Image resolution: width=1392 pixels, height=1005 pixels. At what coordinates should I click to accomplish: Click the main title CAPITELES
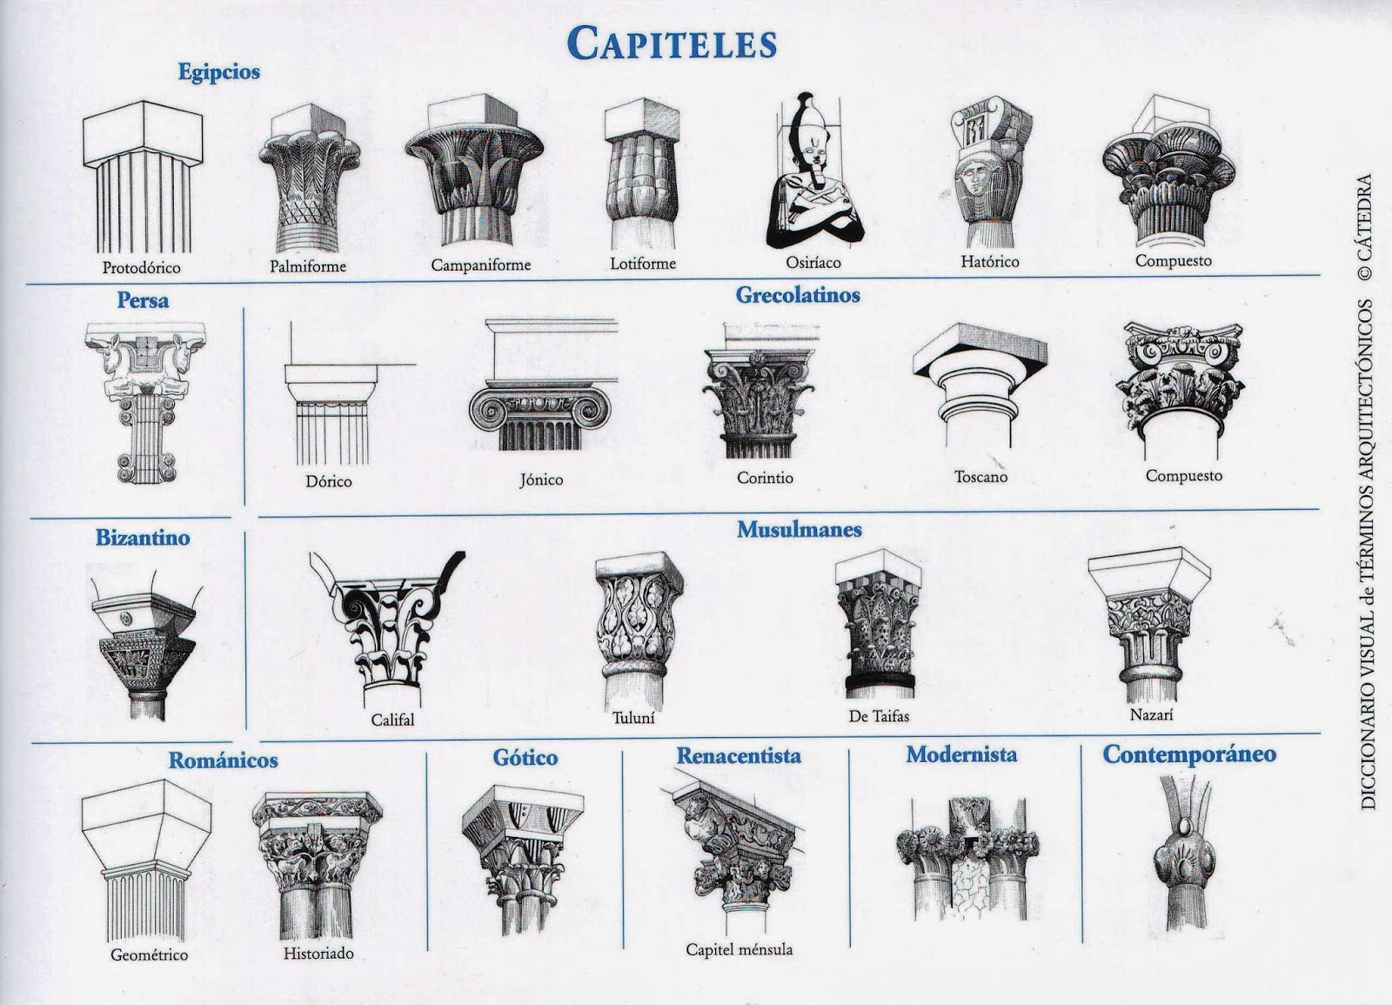pyautogui.click(x=671, y=42)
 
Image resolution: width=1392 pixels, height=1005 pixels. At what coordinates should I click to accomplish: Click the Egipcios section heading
pyautogui.click(x=219, y=72)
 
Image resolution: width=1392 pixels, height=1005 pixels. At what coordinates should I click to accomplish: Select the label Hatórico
pyautogui.click(x=989, y=261)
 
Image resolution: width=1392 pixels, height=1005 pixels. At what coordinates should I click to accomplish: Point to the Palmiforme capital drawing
pyautogui.click(x=309, y=178)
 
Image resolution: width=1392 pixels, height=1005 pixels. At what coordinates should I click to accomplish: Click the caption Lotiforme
pyautogui.click(x=643, y=263)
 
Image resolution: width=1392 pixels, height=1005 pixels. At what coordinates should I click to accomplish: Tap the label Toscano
pyautogui.click(x=980, y=477)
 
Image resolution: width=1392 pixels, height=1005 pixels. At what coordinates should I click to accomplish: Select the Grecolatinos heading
pyautogui.click(x=798, y=295)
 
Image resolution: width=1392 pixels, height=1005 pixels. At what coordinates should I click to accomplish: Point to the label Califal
pyautogui.click(x=393, y=720)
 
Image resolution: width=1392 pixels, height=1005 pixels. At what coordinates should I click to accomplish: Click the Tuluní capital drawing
pyautogui.click(x=633, y=626)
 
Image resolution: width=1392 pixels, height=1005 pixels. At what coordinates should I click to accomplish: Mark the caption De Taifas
pyautogui.click(x=879, y=717)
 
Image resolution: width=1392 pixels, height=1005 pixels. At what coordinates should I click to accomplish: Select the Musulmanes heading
pyautogui.click(x=800, y=529)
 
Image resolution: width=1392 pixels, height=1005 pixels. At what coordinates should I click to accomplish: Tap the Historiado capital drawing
pyautogui.click(x=318, y=861)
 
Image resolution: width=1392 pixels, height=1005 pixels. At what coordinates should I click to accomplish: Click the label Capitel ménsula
pyautogui.click(x=739, y=949)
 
